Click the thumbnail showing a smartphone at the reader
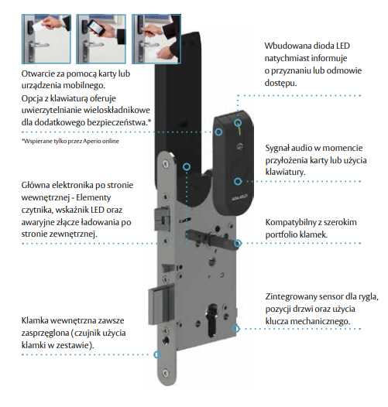coord(101,39)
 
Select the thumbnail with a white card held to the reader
coord(46,39)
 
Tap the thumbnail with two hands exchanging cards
coord(156,39)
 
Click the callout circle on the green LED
coord(238,122)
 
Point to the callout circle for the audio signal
coord(238,181)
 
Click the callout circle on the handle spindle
coord(238,243)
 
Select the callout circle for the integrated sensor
coord(235,329)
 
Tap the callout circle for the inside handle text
coord(157,354)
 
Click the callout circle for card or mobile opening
coord(219,132)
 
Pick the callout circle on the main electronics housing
coord(187,166)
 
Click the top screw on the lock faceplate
coord(165,163)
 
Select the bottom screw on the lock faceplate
coord(166,373)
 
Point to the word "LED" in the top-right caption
coord(343,46)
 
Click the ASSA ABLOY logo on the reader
coord(239,197)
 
